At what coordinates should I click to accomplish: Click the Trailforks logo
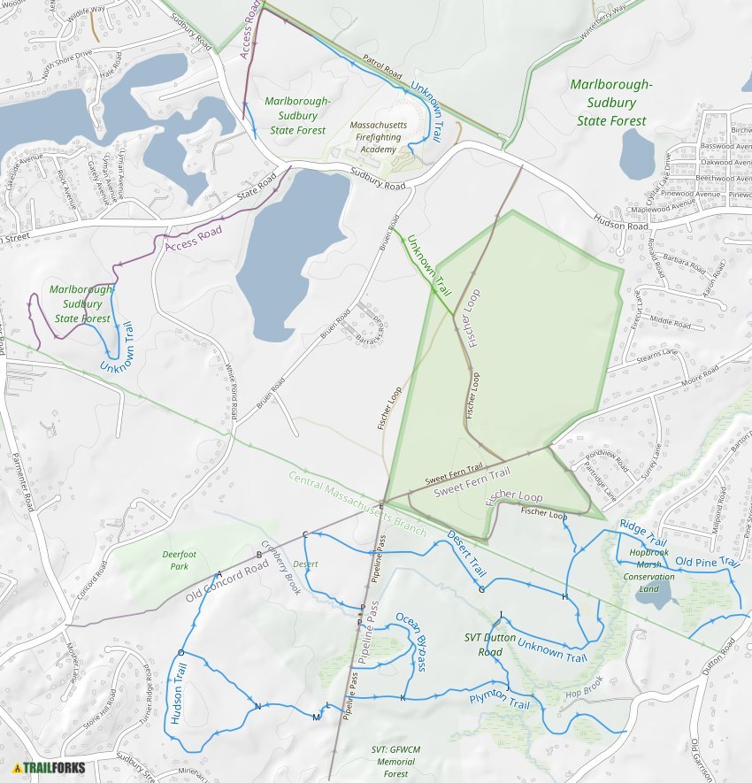[49, 768]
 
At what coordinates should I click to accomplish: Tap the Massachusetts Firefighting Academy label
[379, 137]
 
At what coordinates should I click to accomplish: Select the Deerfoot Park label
[180, 560]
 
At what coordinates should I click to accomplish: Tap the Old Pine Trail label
[706, 561]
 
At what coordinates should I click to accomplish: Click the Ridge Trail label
[642, 532]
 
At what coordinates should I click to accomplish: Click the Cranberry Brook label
[281, 573]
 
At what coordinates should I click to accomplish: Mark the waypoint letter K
[403, 699]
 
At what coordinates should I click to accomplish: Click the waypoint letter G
[481, 589]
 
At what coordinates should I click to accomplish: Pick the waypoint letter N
[257, 706]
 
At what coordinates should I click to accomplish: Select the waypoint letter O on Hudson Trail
[180, 652]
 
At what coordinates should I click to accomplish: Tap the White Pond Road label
[233, 393]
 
